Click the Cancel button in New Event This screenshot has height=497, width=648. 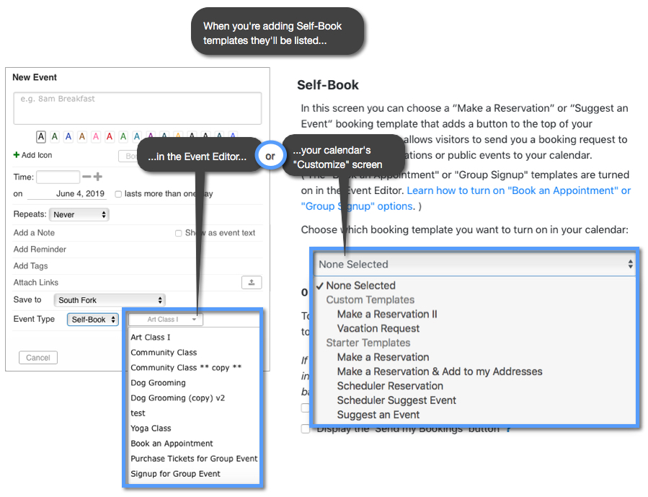pyautogui.click(x=38, y=357)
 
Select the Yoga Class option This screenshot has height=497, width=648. pyautogui.click(x=151, y=428)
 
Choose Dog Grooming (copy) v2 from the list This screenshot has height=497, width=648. pyautogui.click(x=178, y=398)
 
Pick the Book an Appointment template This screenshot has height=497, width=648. pyautogui.click(x=172, y=444)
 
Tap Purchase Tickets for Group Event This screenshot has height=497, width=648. pyautogui.click(x=194, y=459)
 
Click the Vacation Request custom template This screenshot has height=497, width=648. pyautogui.click(x=378, y=328)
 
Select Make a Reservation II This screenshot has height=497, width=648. pyautogui.click(x=387, y=314)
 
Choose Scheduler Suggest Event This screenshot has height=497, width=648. pyautogui.click(x=396, y=400)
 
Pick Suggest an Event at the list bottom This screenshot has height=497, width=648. pyautogui.click(x=378, y=415)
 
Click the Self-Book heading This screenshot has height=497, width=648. pyautogui.click(x=328, y=85)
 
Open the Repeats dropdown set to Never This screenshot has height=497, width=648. pyautogui.click(x=79, y=215)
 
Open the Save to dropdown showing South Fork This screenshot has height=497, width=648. pyautogui.click(x=110, y=300)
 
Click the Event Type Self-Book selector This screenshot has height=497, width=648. pyautogui.click(x=93, y=320)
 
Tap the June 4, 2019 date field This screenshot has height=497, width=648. pyautogui.click(x=80, y=194)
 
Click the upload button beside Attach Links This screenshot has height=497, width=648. pyautogui.click(x=251, y=283)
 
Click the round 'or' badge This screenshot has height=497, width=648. pyautogui.click(x=270, y=157)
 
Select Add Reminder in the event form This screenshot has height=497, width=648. pyautogui.click(x=40, y=250)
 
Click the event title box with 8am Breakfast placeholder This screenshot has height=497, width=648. pyautogui.click(x=137, y=108)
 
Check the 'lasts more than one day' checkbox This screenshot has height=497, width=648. pyautogui.click(x=118, y=194)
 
